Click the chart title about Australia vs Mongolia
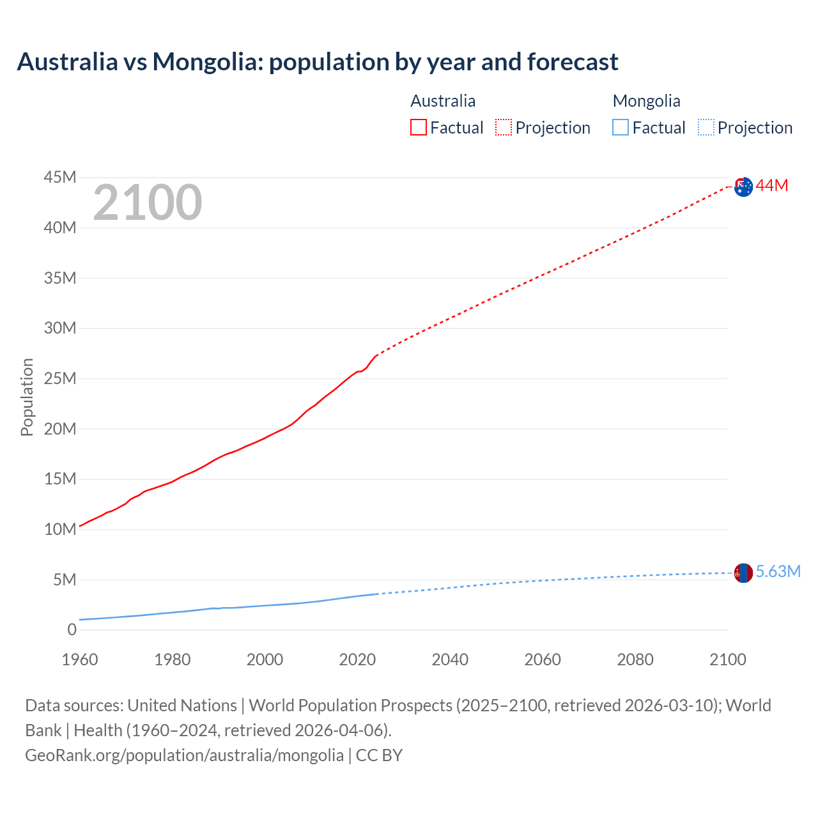coord(318,62)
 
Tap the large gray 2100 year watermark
coord(148,203)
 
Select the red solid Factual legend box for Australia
coord(418,127)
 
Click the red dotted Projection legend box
coord(504,127)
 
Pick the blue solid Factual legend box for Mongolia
coord(621,127)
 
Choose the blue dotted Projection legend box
coord(706,127)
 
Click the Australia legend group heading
coord(443,101)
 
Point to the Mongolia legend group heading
coord(646,101)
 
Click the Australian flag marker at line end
coord(743,187)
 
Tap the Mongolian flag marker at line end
coord(743,573)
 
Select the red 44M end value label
coord(772,186)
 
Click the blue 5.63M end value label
coord(778,571)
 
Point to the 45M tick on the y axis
coord(60,178)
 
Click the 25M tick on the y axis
coord(60,379)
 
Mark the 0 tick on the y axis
coord(72,630)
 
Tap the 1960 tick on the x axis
coord(80,660)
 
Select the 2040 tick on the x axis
coord(450,660)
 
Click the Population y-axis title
coord(27,397)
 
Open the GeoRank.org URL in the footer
coord(184,755)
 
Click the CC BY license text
coord(379,755)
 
